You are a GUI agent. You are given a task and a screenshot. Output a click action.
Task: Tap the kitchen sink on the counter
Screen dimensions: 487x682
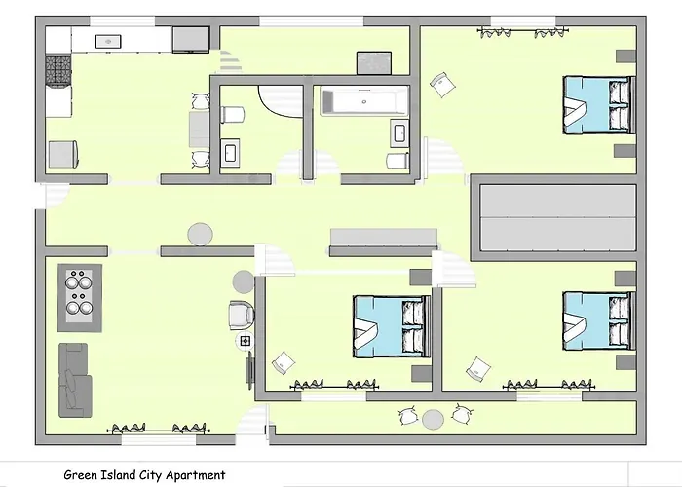[x=107, y=41]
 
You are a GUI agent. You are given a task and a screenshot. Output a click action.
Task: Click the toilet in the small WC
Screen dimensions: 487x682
[x=231, y=115]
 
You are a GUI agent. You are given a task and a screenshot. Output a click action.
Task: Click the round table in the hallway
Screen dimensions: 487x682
[x=200, y=234]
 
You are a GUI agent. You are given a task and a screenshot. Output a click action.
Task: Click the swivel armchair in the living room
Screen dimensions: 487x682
[x=241, y=315]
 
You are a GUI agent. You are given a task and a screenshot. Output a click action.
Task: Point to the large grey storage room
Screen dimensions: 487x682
[x=553, y=219]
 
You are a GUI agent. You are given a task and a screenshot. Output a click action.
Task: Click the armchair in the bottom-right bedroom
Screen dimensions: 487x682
[x=477, y=368]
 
